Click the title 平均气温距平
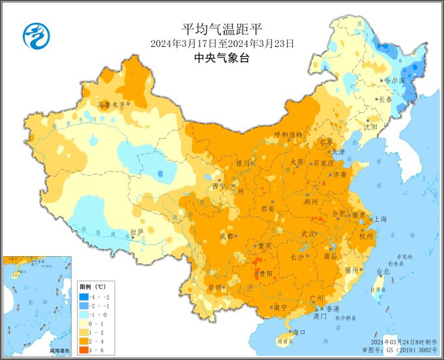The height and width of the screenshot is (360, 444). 222,29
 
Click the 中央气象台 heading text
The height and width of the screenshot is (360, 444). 222,58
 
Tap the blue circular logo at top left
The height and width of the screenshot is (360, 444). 37,35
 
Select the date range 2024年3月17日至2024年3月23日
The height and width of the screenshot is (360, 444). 222,44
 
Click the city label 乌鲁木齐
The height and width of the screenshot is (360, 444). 111,104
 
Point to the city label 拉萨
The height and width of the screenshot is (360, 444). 136,232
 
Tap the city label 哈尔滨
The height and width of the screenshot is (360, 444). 394,80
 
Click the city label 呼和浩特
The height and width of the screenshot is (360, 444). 288,134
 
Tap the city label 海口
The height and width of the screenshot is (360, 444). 299,333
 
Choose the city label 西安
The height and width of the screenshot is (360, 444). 268,209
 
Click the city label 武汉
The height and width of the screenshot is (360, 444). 308,233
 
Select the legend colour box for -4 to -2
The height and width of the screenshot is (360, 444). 86,297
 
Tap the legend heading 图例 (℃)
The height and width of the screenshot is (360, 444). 92,287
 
